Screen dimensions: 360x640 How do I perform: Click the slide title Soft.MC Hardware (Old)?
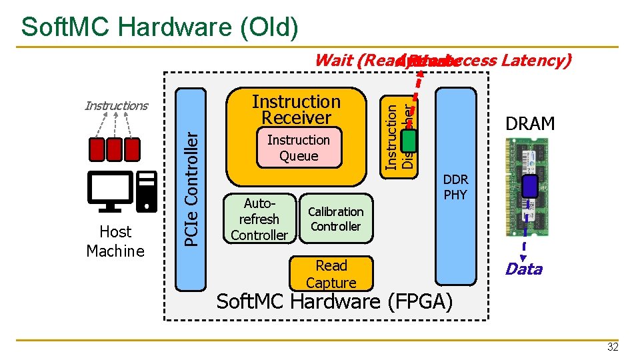click(x=159, y=27)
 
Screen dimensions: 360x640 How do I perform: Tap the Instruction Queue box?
click(x=298, y=148)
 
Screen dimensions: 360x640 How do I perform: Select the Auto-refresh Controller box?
click(x=259, y=219)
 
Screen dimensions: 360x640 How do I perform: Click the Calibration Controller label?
click(x=335, y=219)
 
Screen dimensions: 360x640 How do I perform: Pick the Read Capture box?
click(x=331, y=273)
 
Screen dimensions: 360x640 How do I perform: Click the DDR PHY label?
click(x=455, y=187)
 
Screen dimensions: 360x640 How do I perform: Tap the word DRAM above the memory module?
click(x=530, y=124)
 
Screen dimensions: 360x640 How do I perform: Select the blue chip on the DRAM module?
click(x=530, y=186)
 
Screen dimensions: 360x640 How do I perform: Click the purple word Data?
click(x=523, y=269)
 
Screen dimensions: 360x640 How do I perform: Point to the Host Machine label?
click(x=115, y=241)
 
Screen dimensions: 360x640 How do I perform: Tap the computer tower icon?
click(x=146, y=191)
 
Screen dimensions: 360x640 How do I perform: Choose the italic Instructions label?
click(x=116, y=105)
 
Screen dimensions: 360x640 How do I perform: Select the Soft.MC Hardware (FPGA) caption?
click(x=335, y=301)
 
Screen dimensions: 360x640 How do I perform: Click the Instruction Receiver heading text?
click(x=296, y=110)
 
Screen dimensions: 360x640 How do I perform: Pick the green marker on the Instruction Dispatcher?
click(x=409, y=141)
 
